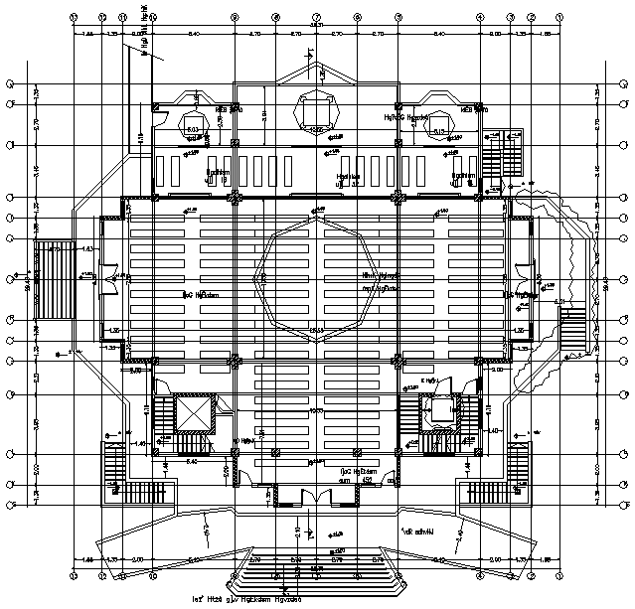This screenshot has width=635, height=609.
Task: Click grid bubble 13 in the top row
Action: click(x=74, y=17)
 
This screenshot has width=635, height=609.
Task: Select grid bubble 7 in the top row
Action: click(x=316, y=17)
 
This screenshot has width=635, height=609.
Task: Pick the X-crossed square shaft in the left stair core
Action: click(x=194, y=412)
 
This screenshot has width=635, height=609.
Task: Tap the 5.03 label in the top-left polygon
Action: click(x=193, y=128)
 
